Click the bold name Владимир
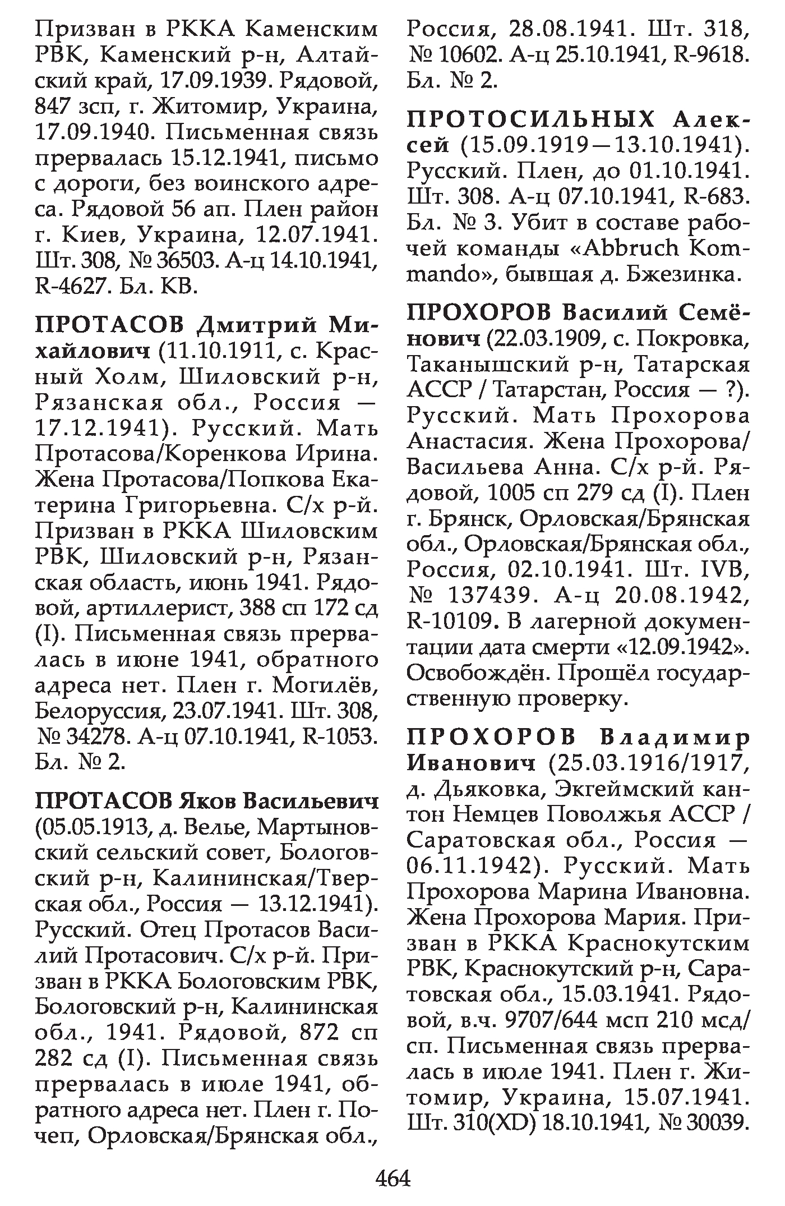[x=675, y=737]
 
